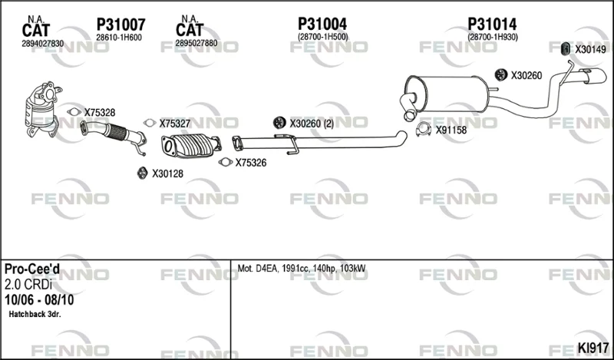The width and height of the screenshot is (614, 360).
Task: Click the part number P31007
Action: point(121,25)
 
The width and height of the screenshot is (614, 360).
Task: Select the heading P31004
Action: point(322,24)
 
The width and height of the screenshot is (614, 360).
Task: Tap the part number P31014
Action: point(492,24)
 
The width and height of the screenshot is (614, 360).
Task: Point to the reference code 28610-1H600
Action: point(119,38)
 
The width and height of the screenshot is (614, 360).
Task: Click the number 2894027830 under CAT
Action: point(43,44)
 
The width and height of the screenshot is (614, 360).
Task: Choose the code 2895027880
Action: point(196,44)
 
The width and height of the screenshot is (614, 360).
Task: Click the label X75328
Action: point(100,113)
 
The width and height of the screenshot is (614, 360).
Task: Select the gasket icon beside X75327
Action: point(149,123)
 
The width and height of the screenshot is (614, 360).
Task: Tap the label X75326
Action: point(251,163)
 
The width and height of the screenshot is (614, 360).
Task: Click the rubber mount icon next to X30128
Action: point(142,173)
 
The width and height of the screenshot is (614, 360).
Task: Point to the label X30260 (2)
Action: point(312,124)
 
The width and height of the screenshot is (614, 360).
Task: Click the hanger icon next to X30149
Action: point(566,49)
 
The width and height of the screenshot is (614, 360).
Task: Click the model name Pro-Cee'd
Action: point(32,269)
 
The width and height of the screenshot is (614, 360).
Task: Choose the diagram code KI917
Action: point(593,348)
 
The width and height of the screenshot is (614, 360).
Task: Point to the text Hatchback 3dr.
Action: point(35,314)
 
